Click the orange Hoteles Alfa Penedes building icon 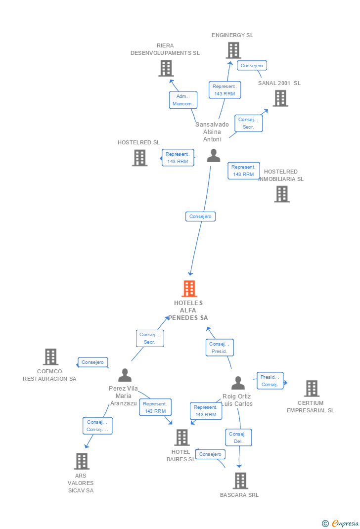[x=189, y=288]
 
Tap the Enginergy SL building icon [x=233, y=50]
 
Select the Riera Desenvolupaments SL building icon [x=166, y=68]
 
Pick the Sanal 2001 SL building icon [x=280, y=98]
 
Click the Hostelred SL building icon [x=139, y=158]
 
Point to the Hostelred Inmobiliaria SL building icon [x=281, y=194]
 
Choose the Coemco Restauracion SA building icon [x=50, y=356]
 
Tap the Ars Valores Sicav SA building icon [x=81, y=461]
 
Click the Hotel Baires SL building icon [x=181, y=437]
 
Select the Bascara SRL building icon [x=240, y=480]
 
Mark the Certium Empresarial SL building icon [x=311, y=388]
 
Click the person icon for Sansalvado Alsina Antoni [x=213, y=156]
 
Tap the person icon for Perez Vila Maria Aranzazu [x=125, y=375]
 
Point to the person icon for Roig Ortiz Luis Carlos [x=238, y=383]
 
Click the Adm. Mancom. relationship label [x=183, y=100]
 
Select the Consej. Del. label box [x=238, y=438]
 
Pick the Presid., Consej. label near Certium [x=270, y=381]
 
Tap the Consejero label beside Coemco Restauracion [x=93, y=362]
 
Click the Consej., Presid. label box [x=219, y=348]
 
